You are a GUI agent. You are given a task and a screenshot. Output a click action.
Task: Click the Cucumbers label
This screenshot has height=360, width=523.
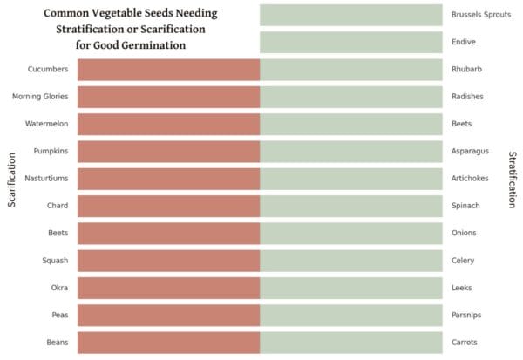[x=49, y=70]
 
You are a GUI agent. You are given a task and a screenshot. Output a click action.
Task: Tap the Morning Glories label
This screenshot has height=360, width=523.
[x=40, y=97]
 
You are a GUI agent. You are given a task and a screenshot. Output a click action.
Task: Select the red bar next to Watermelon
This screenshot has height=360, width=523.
[x=168, y=124]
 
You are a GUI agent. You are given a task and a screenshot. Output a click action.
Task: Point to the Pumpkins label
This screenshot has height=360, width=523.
[x=51, y=152]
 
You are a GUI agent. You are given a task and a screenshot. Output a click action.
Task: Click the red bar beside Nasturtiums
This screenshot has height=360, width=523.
[x=168, y=179]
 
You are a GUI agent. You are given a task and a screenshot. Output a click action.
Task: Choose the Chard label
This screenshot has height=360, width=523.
[x=58, y=206]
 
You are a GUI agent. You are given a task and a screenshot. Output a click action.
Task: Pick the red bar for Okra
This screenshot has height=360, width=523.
[x=168, y=288]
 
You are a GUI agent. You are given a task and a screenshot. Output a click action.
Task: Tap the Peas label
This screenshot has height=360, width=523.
[x=59, y=315]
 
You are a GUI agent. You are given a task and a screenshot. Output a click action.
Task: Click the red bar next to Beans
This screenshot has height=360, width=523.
[x=168, y=342]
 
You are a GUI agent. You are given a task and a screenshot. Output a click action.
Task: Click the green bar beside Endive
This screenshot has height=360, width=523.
[x=351, y=42]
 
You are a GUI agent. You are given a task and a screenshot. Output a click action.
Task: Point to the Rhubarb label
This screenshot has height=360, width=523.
[x=468, y=70]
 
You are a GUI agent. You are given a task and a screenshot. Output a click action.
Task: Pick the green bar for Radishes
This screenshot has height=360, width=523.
[x=351, y=97]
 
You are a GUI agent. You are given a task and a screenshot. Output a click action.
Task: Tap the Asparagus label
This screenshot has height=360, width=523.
[x=471, y=152]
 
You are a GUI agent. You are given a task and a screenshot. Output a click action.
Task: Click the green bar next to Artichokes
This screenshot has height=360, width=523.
[x=351, y=179]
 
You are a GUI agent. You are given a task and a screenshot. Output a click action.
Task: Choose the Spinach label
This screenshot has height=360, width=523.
[x=466, y=206]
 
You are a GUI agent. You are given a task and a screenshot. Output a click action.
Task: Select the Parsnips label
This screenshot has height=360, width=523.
[x=469, y=315]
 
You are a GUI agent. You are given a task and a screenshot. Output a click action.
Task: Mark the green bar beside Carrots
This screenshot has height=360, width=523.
[x=351, y=342]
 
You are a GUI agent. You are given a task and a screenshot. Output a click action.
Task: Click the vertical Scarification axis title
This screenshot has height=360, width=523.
[x=12, y=180]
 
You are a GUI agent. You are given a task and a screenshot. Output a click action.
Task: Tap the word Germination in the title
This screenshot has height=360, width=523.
[x=163, y=45]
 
